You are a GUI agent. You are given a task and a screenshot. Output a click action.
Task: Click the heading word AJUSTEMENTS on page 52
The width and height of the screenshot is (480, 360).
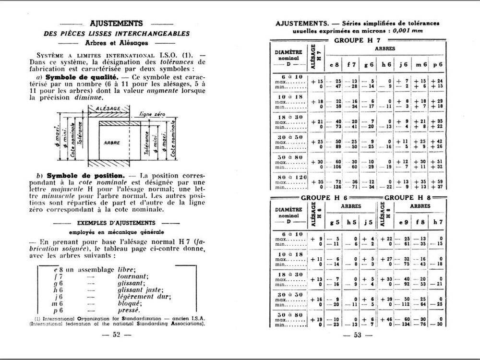(x=116, y=23)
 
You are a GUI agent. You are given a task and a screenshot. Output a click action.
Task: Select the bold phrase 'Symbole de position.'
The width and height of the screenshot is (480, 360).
(x=83, y=175)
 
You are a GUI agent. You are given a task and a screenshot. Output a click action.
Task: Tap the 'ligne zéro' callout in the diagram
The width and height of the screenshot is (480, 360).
(x=152, y=115)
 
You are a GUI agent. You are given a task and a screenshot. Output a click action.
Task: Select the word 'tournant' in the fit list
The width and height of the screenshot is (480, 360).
(x=132, y=276)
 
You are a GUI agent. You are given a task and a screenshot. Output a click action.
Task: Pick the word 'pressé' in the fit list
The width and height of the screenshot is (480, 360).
(x=128, y=310)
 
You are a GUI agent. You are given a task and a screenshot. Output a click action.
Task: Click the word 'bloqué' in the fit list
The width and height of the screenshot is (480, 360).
(x=129, y=303)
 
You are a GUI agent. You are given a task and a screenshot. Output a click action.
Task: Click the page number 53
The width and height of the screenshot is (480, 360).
(x=357, y=335)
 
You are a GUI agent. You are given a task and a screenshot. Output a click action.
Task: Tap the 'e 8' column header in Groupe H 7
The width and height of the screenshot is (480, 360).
(x=334, y=64)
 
